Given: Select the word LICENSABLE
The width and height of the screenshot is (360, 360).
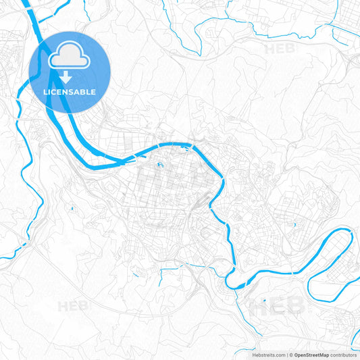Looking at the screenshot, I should coord(68,92).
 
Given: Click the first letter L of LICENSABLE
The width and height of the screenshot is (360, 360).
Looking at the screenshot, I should coord(44,92).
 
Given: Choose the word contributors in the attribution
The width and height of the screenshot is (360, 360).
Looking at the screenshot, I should coord(343,355).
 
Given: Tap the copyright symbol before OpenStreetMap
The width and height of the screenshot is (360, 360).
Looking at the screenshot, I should coord(290,355).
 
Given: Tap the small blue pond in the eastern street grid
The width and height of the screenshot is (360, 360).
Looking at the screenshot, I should coord(295,224).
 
